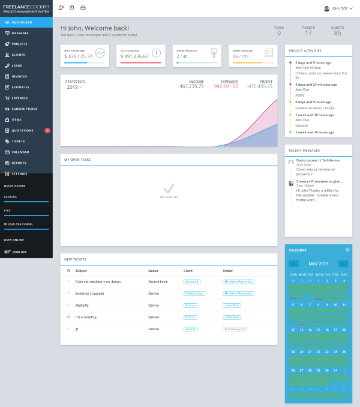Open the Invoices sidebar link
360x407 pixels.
click(x=19, y=76)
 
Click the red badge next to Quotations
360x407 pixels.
click(x=47, y=130)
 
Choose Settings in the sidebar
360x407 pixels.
click(x=19, y=173)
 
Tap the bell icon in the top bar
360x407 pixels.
click(x=61, y=8)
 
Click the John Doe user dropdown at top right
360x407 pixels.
click(x=338, y=8)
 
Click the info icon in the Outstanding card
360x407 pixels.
click(x=156, y=52)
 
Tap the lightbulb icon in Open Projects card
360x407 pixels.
click(x=212, y=52)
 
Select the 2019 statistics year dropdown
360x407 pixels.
click(x=74, y=87)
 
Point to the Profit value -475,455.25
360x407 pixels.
click(x=259, y=86)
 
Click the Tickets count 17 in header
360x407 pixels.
click(x=308, y=33)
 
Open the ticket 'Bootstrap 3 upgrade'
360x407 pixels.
click(x=89, y=294)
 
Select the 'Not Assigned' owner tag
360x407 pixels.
click(x=235, y=329)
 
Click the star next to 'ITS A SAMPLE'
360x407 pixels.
click(x=68, y=317)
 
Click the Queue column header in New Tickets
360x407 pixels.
click(x=153, y=271)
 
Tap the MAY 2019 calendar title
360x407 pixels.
click(x=318, y=264)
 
